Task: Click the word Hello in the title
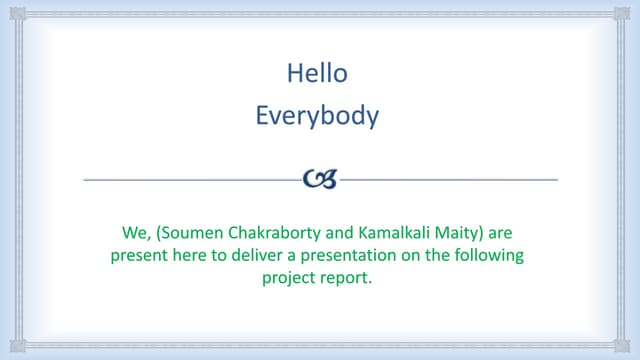coord(317,73)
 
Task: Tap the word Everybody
coord(317,116)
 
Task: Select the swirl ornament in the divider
coord(320,180)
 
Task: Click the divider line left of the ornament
coord(190,180)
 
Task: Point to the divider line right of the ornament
coord(450,180)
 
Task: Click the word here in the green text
coord(181,255)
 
